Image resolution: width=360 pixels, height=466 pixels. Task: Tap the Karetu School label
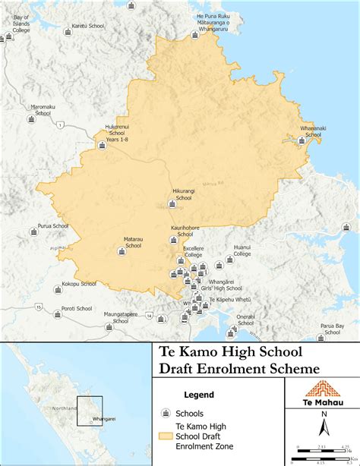tap(87, 26)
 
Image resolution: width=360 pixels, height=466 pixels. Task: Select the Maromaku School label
tap(43, 110)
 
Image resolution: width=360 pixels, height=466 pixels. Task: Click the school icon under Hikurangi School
tap(172, 203)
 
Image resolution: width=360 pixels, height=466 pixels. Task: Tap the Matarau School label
tap(133, 243)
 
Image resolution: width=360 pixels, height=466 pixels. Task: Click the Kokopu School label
tap(79, 284)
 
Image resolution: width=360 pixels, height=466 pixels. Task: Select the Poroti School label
tap(77, 309)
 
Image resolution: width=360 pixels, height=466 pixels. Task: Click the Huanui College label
tap(242, 251)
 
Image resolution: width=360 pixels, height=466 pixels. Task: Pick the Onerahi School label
tap(245, 320)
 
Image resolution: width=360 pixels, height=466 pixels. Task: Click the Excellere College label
tap(193, 252)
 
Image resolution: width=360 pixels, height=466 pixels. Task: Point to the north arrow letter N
tap(323, 414)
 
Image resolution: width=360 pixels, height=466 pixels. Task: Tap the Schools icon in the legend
tap(164, 414)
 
